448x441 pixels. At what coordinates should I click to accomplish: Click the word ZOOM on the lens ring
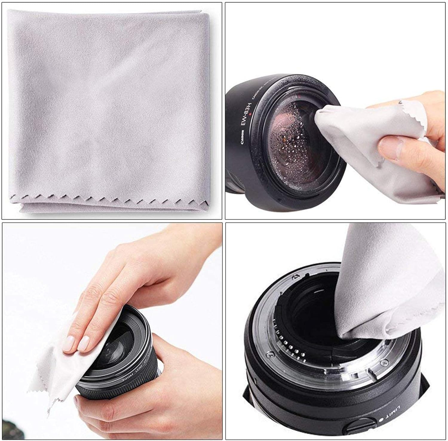click(x=126, y=380)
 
